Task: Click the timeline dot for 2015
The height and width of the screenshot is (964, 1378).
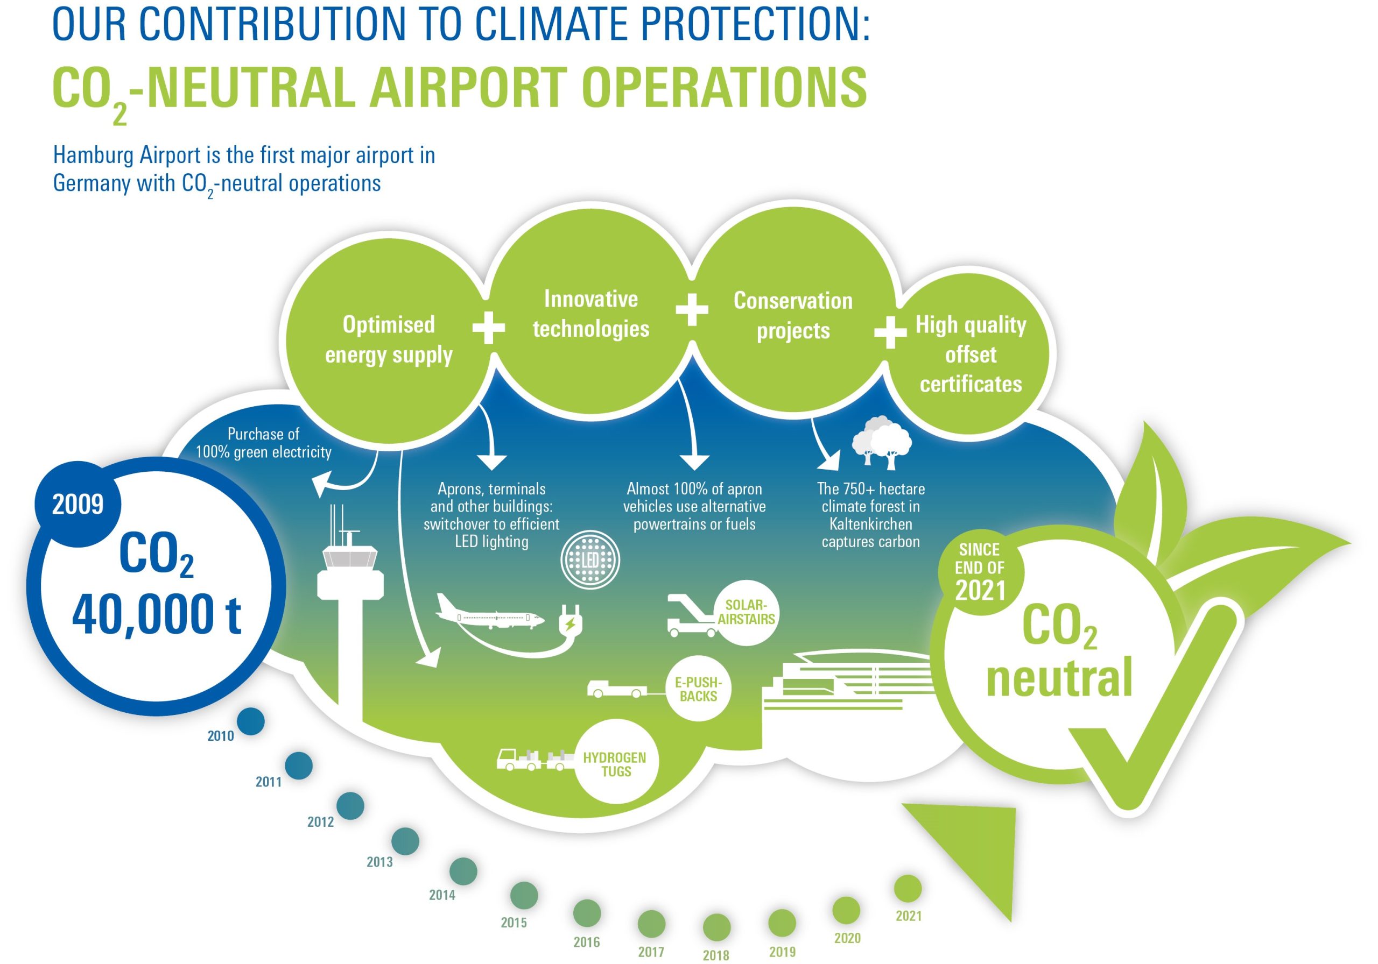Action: point(523,896)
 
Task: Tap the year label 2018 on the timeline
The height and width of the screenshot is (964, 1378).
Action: point(715,955)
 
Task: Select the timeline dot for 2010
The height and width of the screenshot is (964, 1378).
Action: point(250,721)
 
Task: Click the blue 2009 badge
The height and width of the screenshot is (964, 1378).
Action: point(78,504)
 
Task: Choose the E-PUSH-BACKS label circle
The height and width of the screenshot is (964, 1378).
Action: point(698,689)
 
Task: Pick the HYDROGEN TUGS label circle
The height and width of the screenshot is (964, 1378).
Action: point(615,765)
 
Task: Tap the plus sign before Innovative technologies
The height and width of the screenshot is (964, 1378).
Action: point(489,328)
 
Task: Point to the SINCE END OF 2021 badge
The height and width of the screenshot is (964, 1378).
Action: point(980,571)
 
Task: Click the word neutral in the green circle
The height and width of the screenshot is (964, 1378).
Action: point(1059,677)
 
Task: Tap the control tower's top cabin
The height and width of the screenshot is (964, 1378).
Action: point(350,558)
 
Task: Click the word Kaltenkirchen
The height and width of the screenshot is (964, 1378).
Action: point(870,524)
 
